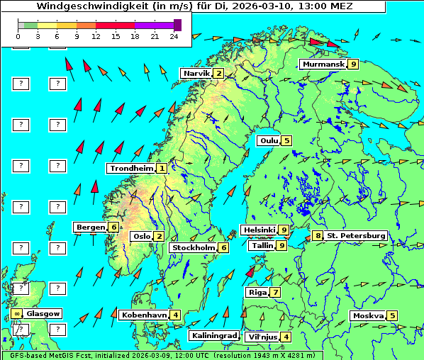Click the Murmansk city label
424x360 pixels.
(x=323, y=64)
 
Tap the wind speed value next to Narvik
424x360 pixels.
(x=219, y=73)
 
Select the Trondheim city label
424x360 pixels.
(x=131, y=169)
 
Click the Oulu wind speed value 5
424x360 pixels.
(x=286, y=140)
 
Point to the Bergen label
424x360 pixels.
(x=90, y=227)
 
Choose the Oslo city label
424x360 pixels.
(x=141, y=237)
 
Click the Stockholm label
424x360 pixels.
(x=194, y=248)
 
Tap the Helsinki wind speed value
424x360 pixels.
(x=283, y=230)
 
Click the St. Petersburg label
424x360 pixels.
(x=356, y=235)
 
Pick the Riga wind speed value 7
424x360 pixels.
(x=275, y=292)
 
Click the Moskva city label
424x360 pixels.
(x=368, y=315)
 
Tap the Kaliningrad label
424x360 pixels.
(x=213, y=336)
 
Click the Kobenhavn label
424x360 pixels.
(x=144, y=315)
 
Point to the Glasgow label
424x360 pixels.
(x=43, y=313)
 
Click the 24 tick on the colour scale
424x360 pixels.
(x=174, y=36)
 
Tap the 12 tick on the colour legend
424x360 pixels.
(x=96, y=36)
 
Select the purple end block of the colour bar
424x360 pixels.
(x=177, y=25)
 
